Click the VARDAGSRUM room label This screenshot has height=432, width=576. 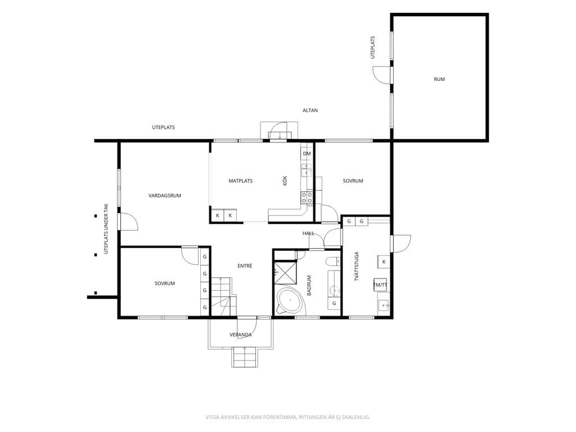[x=165, y=196]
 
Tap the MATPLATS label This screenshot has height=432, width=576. [x=241, y=181]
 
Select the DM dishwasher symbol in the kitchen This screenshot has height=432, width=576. [x=307, y=154]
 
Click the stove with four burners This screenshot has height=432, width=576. [x=307, y=198]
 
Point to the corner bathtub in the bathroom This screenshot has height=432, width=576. [x=290, y=300]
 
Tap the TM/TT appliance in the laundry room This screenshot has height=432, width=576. [x=380, y=285]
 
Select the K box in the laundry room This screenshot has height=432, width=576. [x=384, y=262]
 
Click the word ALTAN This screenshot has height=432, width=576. [x=310, y=110]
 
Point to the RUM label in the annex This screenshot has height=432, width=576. [x=439, y=79]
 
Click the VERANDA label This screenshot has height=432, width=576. [x=241, y=335]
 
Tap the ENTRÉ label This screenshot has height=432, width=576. [x=245, y=266]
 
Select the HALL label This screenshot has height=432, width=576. [x=308, y=233]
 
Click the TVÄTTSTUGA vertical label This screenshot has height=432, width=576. [x=357, y=266]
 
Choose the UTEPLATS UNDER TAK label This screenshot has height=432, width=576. [x=106, y=228]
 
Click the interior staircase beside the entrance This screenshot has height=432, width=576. [x=224, y=296]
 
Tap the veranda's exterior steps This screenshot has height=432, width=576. [x=244, y=357]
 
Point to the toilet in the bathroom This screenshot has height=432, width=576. [x=332, y=261]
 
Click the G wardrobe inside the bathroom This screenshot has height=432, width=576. [x=334, y=303]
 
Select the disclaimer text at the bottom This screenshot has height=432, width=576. [x=287, y=417]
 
